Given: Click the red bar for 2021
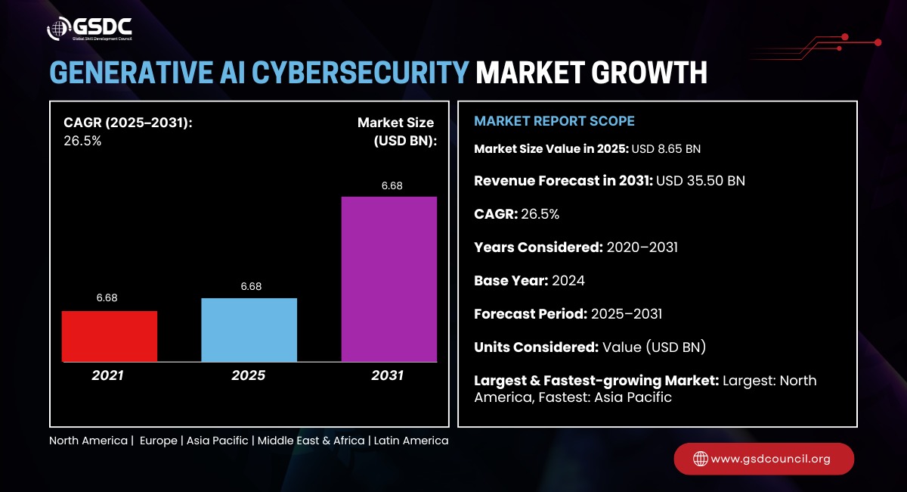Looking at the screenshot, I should pos(110,336).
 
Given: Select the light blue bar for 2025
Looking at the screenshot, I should pos(249,329).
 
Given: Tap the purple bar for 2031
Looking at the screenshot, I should pos(389,279).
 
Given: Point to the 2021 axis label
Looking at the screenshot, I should pos(109,375).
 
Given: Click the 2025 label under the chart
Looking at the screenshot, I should pos(249,375).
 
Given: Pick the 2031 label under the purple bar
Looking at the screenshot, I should pos(388,375).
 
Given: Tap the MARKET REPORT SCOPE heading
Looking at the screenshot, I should pos(554,121).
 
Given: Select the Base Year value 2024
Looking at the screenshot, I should pos(568,280).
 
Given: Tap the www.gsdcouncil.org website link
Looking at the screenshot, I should pos(771,459).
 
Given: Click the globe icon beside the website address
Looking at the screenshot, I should pos(701,459).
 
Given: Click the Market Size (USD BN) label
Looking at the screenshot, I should pos(396,130).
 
